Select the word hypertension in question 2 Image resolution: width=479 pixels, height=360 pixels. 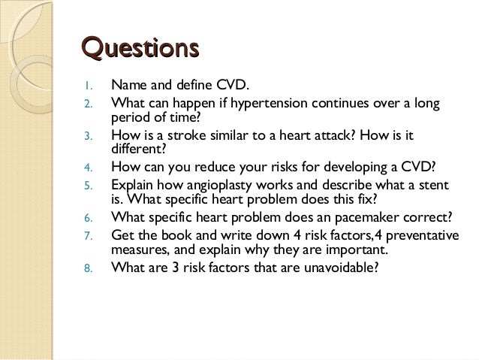pos(259,102)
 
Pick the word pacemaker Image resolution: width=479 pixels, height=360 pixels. pos(363,219)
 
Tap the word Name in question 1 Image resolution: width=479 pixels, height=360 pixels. pos(128,86)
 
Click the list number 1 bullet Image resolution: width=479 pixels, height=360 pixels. pos(87,86)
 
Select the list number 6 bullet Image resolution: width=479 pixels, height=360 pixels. pos(87,219)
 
